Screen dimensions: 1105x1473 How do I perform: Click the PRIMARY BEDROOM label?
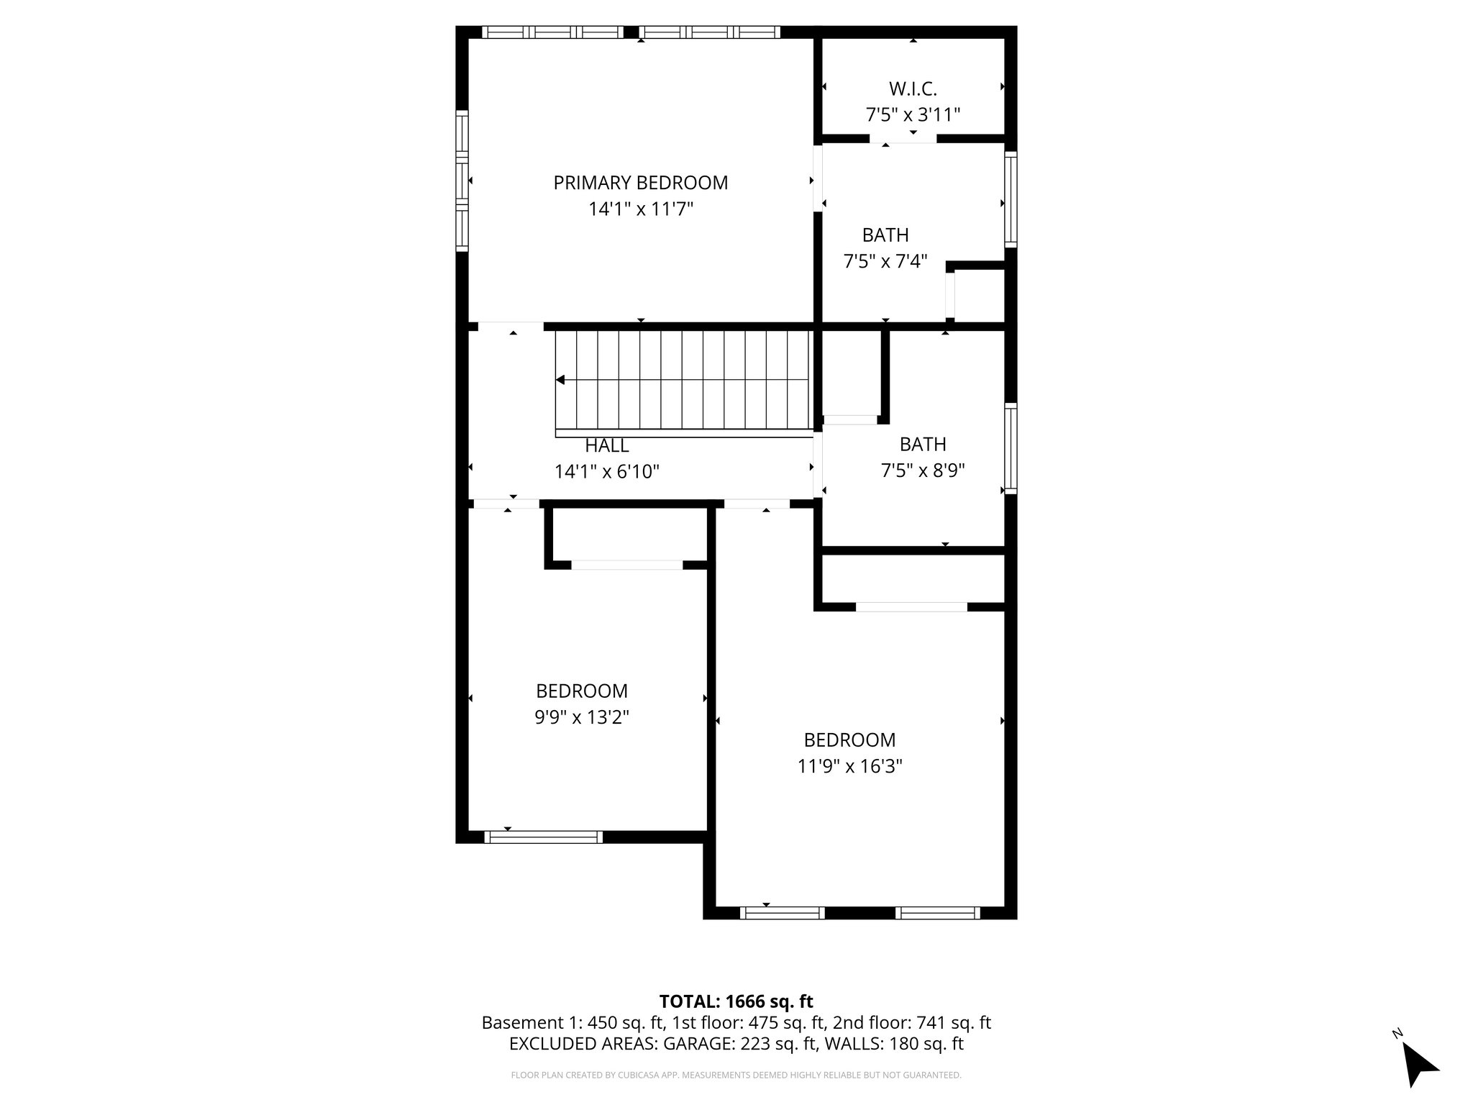[640, 183]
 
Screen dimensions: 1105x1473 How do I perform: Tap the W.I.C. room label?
[913, 89]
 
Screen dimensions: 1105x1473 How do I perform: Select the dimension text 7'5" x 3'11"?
[913, 115]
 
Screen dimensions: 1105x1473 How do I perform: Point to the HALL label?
[607, 445]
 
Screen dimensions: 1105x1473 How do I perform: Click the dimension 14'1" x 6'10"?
[607, 472]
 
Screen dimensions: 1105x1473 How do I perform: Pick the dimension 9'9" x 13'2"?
[582, 717]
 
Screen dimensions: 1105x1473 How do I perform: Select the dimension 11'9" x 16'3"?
[849, 766]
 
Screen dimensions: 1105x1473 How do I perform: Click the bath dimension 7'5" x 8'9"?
[923, 470]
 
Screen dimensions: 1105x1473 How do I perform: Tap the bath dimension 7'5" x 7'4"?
[885, 261]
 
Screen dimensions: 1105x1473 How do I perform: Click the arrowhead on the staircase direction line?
[560, 380]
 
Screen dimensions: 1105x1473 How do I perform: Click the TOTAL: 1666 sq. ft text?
[736, 1001]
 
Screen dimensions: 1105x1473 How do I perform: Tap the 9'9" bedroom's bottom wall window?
[543, 837]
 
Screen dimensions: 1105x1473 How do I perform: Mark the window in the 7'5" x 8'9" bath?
[1011, 448]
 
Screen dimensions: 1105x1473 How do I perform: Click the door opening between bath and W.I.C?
[903, 139]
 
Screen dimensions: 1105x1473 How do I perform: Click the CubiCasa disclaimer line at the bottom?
[736, 1076]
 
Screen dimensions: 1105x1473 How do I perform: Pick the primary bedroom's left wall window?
[462, 181]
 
